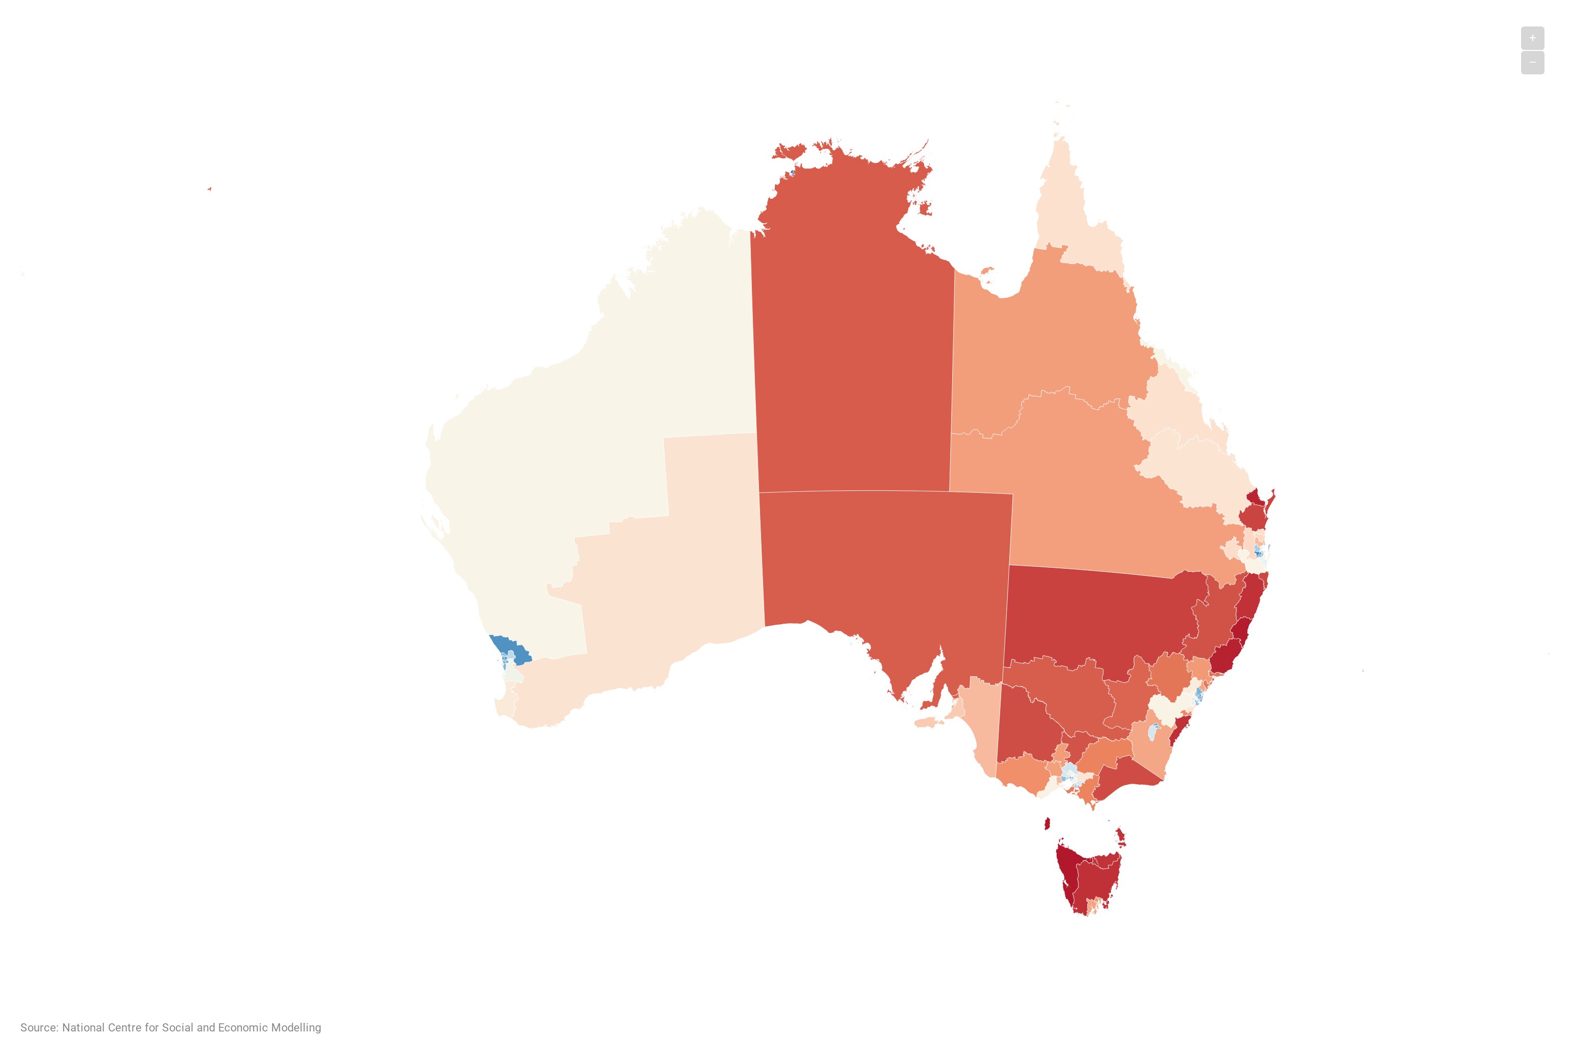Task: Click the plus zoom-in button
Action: point(1531,38)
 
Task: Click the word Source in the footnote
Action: point(39,1027)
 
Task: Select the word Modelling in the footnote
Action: point(296,1027)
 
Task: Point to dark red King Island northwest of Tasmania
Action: point(1047,824)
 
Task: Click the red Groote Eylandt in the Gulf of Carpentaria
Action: point(924,208)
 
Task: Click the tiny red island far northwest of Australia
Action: point(210,189)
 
